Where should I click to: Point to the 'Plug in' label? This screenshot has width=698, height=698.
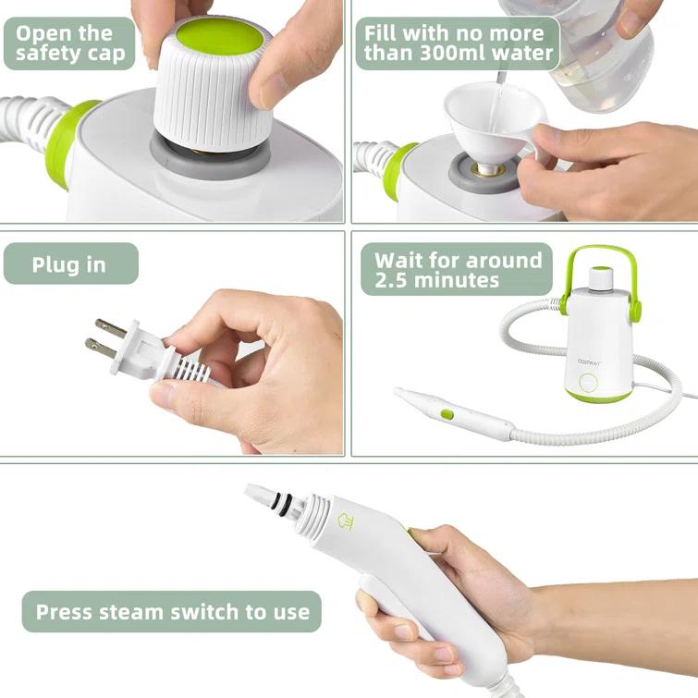click(x=69, y=264)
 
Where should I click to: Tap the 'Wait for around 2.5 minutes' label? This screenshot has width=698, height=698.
click(x=458, y=269)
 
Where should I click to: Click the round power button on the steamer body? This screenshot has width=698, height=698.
click(x=588, y=385)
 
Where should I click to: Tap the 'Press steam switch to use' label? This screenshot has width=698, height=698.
click(x=171, y=611)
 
